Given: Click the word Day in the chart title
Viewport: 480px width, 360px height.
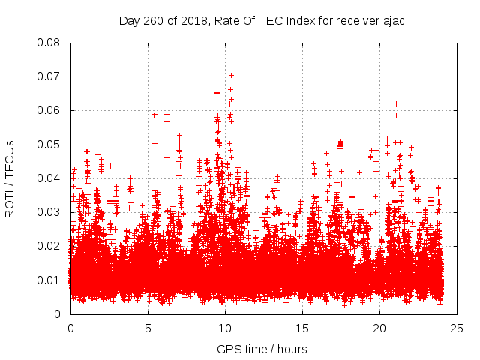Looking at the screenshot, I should point(130,20).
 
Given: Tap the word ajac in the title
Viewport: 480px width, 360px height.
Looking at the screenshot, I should point(392,20).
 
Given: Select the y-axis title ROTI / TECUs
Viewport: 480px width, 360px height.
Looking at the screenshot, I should point(10,178).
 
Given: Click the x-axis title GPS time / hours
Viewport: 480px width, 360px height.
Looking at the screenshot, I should point(262,349).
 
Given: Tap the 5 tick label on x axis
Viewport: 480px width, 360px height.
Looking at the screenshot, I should point(148,328).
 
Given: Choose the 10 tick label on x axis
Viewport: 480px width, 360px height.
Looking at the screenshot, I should point(225,328).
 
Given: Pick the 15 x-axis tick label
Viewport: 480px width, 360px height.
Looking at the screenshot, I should point(302,328).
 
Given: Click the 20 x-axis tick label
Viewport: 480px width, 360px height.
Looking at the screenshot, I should point(379,328).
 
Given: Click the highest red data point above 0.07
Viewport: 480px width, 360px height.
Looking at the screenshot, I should point(231,75).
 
